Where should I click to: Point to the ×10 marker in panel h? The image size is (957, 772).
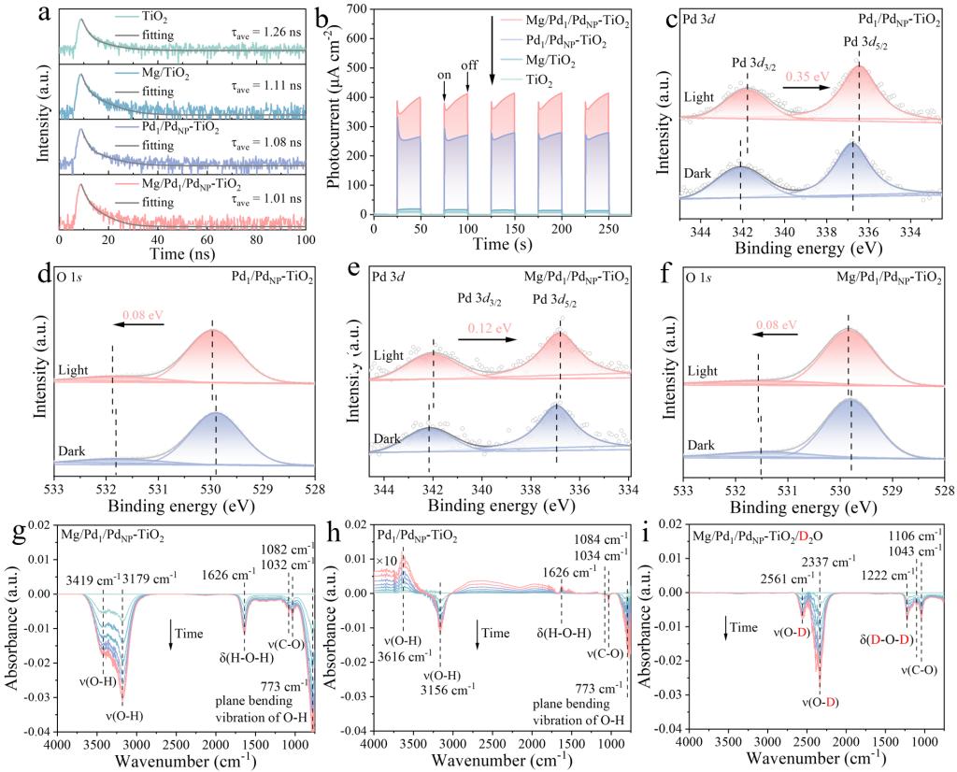[x=386, y=560]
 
